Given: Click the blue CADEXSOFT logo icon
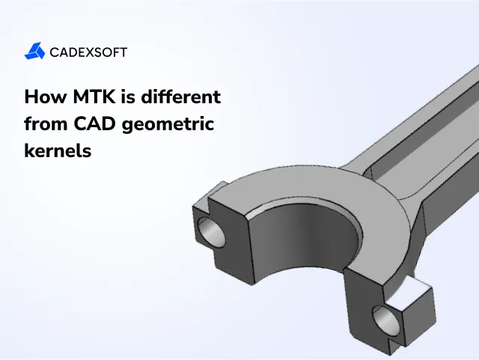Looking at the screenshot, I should click(34, 52).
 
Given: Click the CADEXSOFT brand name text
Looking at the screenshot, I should click(88, 52).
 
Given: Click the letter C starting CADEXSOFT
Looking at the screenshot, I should click(55, 52).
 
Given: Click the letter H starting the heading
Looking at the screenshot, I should click(31, 97).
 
